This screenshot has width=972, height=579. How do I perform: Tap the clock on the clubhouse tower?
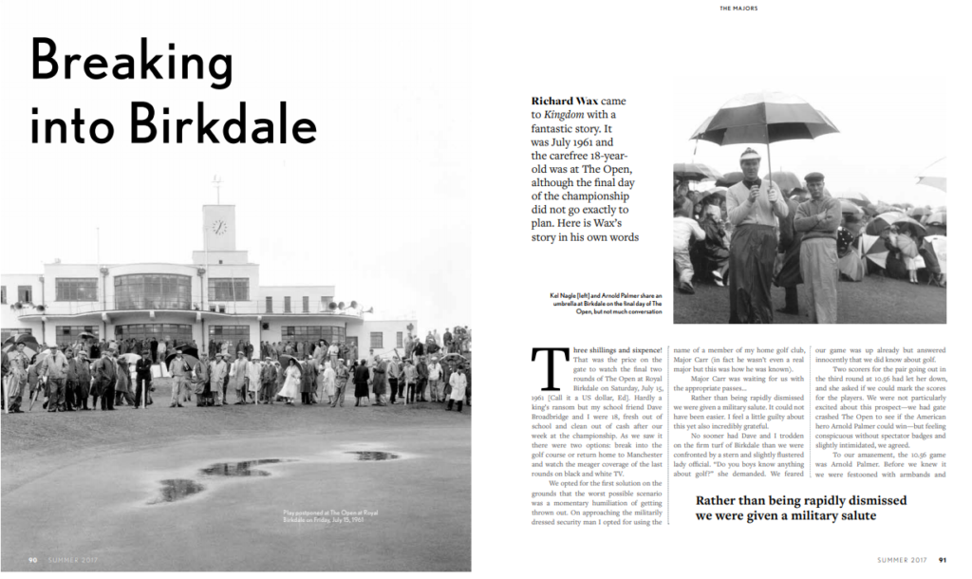219,228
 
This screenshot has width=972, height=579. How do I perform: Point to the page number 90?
33,560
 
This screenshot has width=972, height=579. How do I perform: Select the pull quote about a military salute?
800,508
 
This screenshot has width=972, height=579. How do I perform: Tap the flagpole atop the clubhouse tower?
218,189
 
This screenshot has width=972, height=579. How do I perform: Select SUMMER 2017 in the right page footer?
903,560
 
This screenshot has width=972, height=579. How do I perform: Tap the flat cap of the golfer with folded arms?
813,177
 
